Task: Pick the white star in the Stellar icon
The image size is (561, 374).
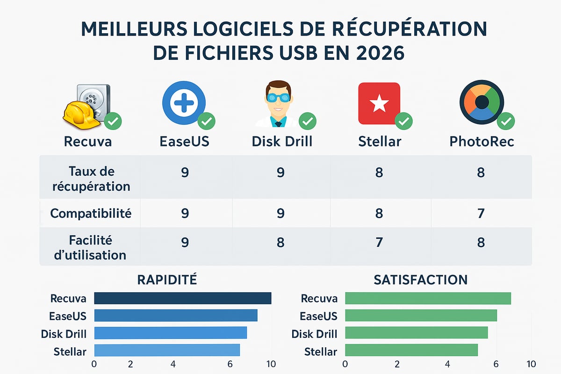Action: (379, 103)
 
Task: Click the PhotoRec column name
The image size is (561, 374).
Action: (482, 141)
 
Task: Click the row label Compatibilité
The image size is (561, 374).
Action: (91, 214)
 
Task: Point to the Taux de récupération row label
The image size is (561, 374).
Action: (91, 179)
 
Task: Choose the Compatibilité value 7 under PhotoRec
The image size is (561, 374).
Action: (481, 214)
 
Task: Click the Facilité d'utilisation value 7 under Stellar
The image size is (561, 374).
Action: (379, 243)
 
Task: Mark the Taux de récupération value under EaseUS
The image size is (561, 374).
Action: (185, 173)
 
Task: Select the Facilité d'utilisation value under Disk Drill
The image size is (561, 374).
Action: (280, 243)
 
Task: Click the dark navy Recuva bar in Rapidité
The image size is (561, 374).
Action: (182, 298)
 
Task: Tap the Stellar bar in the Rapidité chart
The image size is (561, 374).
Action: (167, 351)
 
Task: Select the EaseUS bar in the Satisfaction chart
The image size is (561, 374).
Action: (421, 316)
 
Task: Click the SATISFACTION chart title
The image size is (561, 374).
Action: (420, 280)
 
